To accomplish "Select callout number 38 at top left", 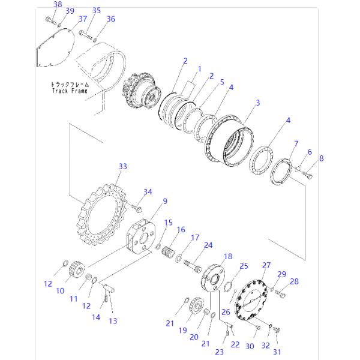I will pyautogui.click(x=58, y=5).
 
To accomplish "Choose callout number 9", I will pyautogui.click(x=164, y=200).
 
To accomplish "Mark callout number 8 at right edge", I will pyautogui.click(x=321, y=158).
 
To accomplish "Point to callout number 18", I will pyautogui.click(x=228, y=257).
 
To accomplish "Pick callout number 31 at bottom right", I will pyautogui.click(x=277, y=351).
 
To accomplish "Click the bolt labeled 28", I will pyautogui.click(x=283, y=293).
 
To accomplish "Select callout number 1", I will pyautogui.click(x=199, y=69).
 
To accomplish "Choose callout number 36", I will pyautogui.click(x=110, y=19).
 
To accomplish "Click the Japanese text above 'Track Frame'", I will pyautogui.click(x=69, y=85).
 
